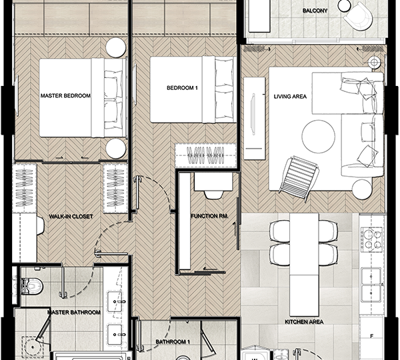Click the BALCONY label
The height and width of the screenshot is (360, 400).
315,11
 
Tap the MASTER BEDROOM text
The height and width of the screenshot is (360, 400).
65,96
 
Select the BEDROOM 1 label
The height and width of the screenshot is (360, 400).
182,88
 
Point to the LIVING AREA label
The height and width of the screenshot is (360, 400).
290,97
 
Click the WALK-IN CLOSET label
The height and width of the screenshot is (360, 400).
71,217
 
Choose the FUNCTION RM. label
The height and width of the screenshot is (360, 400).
209,216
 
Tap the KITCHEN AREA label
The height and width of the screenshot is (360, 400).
304,322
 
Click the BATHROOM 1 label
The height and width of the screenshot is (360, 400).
173,341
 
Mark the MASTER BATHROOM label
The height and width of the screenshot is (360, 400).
74,312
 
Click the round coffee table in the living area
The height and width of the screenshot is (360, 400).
319,137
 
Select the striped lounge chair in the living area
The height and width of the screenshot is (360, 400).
299,179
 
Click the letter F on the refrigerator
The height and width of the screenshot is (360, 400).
372,336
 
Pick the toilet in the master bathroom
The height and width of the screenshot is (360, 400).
31,286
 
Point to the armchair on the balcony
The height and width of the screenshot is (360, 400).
357,17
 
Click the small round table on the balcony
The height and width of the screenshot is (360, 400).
344,5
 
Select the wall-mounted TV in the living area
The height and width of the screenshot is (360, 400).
253,114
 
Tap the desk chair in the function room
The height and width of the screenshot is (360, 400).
213,195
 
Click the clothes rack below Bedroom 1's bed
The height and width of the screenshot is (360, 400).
205,155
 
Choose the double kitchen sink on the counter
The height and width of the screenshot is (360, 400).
371,285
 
